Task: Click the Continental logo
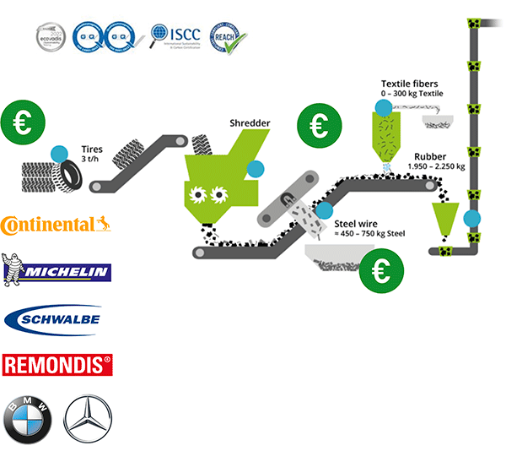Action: pyautogui.click(x=56, y=225)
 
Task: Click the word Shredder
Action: pyautogui.click(x=250, y=123)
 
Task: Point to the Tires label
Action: pyautogui.click(x=92, y=149)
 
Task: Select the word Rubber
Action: pyautogui.click(x=431, y=156)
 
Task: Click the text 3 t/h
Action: pyautogui.click(x=90, y=160)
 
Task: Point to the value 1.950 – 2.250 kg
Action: pyautogui.click(x=436, y=166)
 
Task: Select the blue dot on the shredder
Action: pyautogui.click(x=253, y=167)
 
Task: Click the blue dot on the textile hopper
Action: pyautogui.click(x=384, y=107)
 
